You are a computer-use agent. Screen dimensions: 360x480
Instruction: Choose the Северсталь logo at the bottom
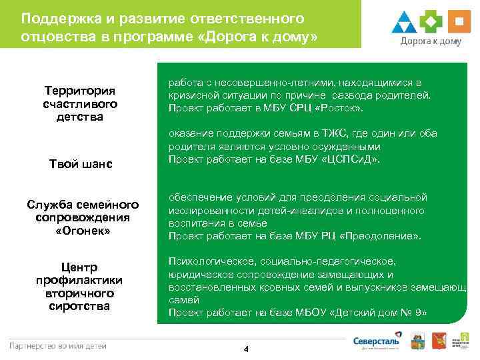(x=377, y=343)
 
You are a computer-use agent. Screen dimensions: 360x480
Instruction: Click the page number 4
(x=245, y=349)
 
